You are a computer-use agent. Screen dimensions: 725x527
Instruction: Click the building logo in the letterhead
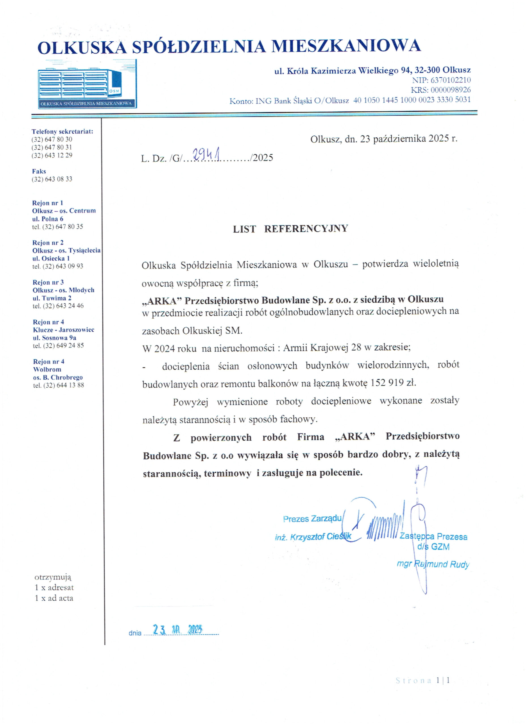point(87,84)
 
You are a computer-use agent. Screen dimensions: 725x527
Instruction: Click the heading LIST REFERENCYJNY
point(290,229)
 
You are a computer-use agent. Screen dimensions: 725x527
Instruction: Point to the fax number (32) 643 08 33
point(52,179)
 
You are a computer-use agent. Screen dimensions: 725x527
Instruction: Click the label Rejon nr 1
point(48,203)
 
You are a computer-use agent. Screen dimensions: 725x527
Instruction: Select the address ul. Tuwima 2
point(52,298)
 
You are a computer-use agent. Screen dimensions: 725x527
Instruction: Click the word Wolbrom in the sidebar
point(47,369)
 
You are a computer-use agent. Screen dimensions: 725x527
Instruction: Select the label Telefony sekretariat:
point(62,131)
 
